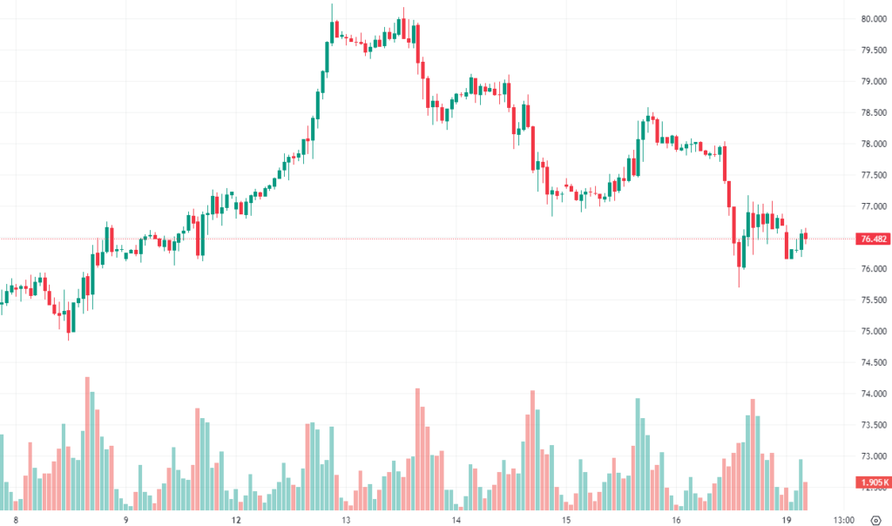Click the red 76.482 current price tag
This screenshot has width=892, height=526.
point(872,239)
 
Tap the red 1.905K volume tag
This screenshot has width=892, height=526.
point(872,482)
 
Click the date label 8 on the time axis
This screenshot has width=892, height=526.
point(16,520)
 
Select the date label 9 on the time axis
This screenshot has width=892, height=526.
point(125,520)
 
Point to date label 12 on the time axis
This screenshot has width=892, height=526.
point(236,520)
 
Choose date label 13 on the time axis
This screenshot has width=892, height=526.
point(346,520)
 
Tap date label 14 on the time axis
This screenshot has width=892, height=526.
point(456,520)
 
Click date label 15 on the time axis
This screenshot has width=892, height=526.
point(565,520)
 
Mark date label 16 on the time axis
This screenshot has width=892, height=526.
point(676,520)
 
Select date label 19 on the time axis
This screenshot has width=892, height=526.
point(786,520)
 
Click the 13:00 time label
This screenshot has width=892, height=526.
point(843,520)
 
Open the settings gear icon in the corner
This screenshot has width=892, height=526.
point(875,520)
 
